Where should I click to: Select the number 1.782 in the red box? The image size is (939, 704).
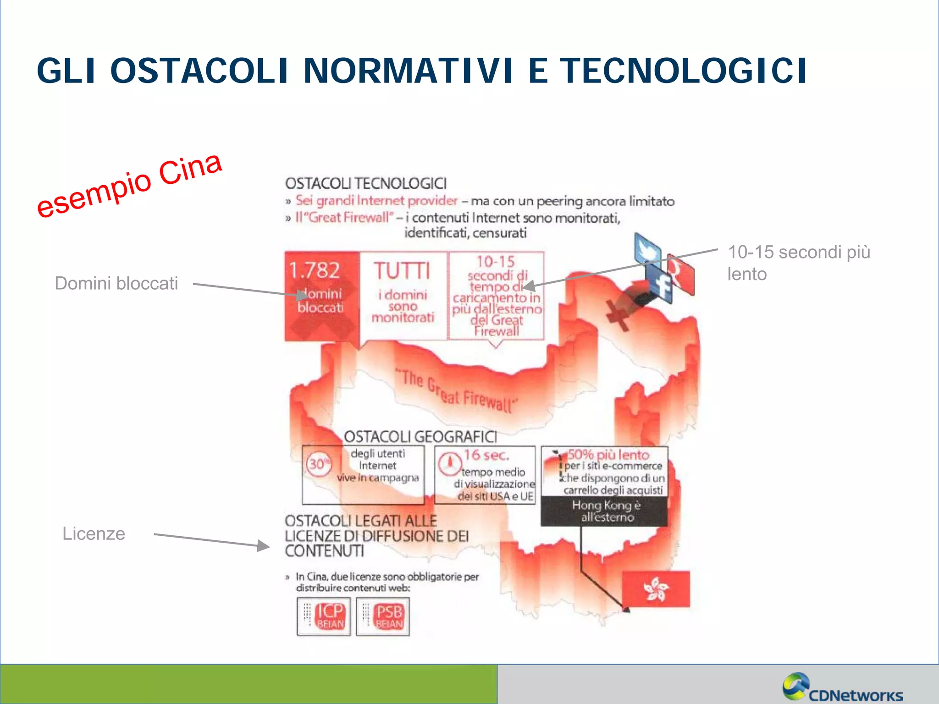pyautogui.click(x=315, y=270)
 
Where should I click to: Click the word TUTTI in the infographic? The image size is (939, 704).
pyautogui.click(x=402, y=271)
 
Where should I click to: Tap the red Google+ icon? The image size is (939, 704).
pyautogui.click(x=681, y=274)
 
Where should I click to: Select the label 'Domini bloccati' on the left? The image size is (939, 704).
pyautogui.click(x=116, y=283)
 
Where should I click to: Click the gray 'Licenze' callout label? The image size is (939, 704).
pyautogui.click(x=94, y=533)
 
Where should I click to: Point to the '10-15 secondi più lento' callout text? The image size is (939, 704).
pyautogui.click(x=798, y=263)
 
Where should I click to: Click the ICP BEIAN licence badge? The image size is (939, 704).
pyautogui.click(x=324, y=616)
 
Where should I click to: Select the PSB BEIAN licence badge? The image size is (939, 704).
pyautogui.click(x=383, y=616)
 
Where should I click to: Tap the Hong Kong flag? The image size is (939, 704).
pyautogui.click(x=656, y=589)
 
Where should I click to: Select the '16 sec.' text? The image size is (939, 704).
pyautogui.click(x=486, y=455)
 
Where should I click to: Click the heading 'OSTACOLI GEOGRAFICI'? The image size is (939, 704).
pyautogui.click(x=420, y=437)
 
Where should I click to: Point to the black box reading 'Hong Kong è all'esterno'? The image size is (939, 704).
pyautogui.click(x=605, y=511)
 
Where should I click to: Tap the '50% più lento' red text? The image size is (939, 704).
pyautogui.click(x=608, y=455)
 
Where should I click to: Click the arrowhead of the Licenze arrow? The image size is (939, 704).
pyautogui.click(x=263, y=545)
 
